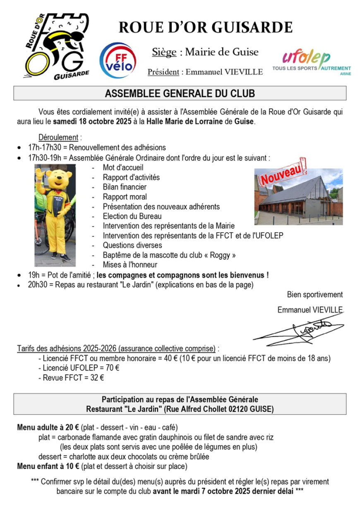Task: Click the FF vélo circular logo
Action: [x=118, y=61]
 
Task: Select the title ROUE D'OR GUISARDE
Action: [x=206, y=28]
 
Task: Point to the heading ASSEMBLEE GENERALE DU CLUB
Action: [x=180, y=93]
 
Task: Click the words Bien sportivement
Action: [x=315, y=295]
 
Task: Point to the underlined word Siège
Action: [x=164, y=52]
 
